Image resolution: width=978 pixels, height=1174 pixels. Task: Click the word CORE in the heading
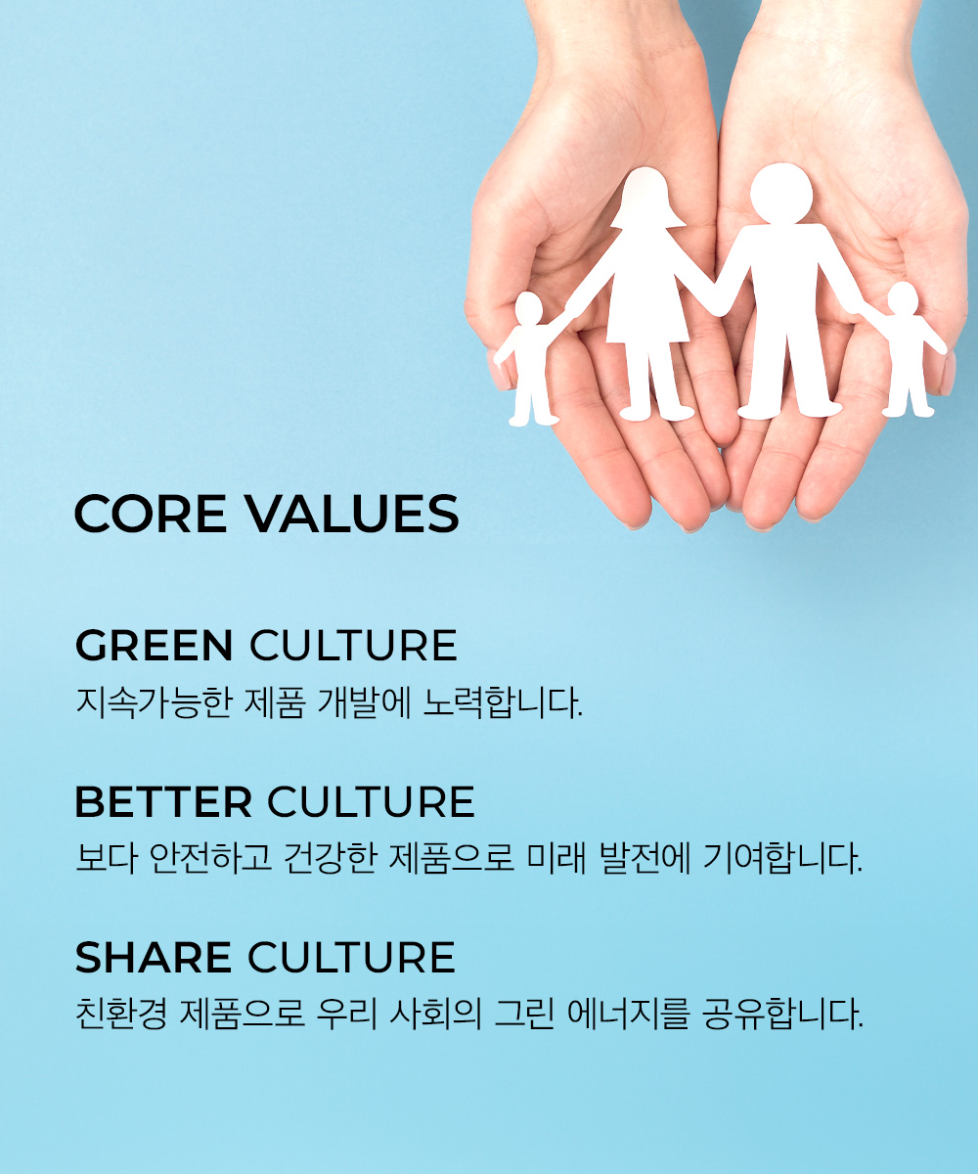click(151, 514)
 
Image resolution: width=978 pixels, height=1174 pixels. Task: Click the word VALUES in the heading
click(353, 514)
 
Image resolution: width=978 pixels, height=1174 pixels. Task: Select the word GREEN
click(154, 646)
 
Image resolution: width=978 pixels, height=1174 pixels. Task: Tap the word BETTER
click(163, 802)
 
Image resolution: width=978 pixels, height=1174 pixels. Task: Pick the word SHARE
click(153, 958)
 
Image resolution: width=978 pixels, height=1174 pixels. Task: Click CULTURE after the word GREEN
click(353, 646)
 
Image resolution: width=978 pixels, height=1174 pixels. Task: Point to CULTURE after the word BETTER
click(371, 802)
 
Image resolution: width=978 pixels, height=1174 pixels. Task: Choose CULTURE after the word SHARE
click(351, 958)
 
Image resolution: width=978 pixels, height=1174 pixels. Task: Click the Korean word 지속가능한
click(154, 702)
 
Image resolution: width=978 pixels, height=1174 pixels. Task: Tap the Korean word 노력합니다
click(502, 702)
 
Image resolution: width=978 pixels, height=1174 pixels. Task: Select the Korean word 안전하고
click(211, 859)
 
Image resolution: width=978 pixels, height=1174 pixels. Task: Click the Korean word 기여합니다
click(783, 859)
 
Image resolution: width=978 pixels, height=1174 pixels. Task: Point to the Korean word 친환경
click(121, 1014)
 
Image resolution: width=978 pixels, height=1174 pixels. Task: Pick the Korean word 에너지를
click(629, 1014)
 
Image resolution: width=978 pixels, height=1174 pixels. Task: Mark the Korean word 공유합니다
click(783, 1014)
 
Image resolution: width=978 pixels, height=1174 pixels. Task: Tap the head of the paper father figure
click(781, 193)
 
